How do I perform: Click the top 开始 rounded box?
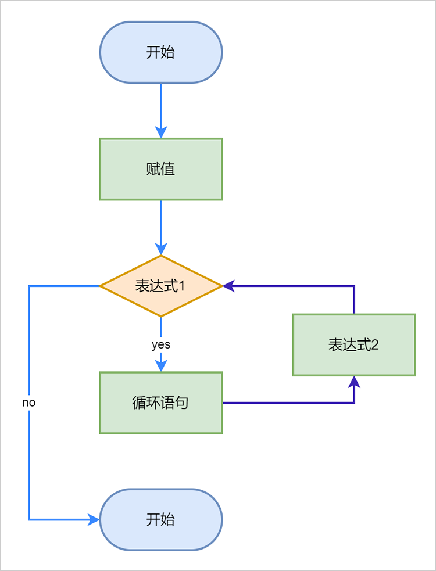161,52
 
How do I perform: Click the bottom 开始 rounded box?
161,519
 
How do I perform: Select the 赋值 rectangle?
161,169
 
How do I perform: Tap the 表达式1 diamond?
161,286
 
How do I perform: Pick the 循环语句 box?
161,403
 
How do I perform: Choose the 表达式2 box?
353,344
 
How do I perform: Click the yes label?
161,344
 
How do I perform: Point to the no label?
29,402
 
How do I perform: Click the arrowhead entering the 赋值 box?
161,132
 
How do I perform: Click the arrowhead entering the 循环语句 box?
161,365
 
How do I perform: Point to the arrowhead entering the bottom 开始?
94,519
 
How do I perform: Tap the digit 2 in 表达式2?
375,345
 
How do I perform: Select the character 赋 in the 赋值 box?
153,169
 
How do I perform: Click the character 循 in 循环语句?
140,403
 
